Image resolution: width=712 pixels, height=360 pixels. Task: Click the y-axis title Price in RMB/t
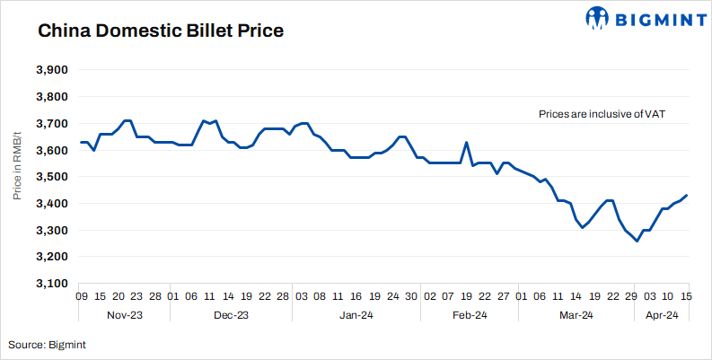[16, 177]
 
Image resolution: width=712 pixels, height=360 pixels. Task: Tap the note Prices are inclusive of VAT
[601, 114]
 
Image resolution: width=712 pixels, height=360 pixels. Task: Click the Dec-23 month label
[231, 315]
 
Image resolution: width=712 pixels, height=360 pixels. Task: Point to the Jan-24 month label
[356, 315]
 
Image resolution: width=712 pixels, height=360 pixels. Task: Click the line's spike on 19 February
[466, 142]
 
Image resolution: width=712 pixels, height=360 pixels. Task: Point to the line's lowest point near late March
[637, 241]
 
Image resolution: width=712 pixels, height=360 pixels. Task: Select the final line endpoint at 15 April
[687, 195]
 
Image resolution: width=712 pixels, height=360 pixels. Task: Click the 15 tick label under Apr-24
[687, 296]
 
